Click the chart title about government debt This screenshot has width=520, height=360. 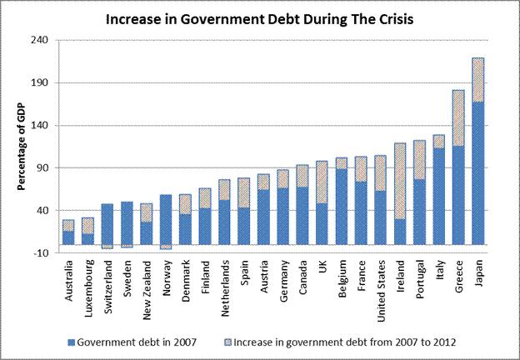[x=259, y=17]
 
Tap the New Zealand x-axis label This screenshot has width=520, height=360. [x=146, y=284]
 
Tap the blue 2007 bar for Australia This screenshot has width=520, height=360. [x=68, y=237]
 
